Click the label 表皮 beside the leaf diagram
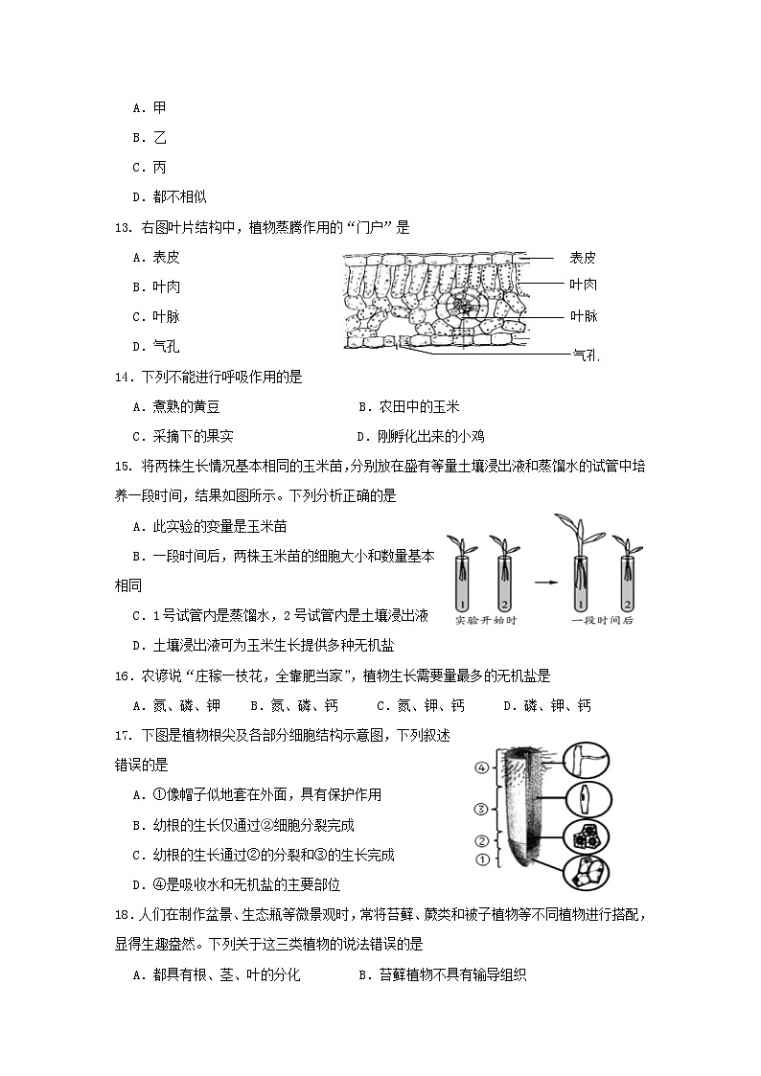tap(582, 257)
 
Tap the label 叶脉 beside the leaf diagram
tap(583, 316)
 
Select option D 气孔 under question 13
tap(156, 347)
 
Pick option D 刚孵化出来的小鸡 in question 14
tap(419, 436)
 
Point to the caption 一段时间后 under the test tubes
tap(603, 621)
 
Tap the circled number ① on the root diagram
tap(483, 859)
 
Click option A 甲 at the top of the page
tap(150, 108)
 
